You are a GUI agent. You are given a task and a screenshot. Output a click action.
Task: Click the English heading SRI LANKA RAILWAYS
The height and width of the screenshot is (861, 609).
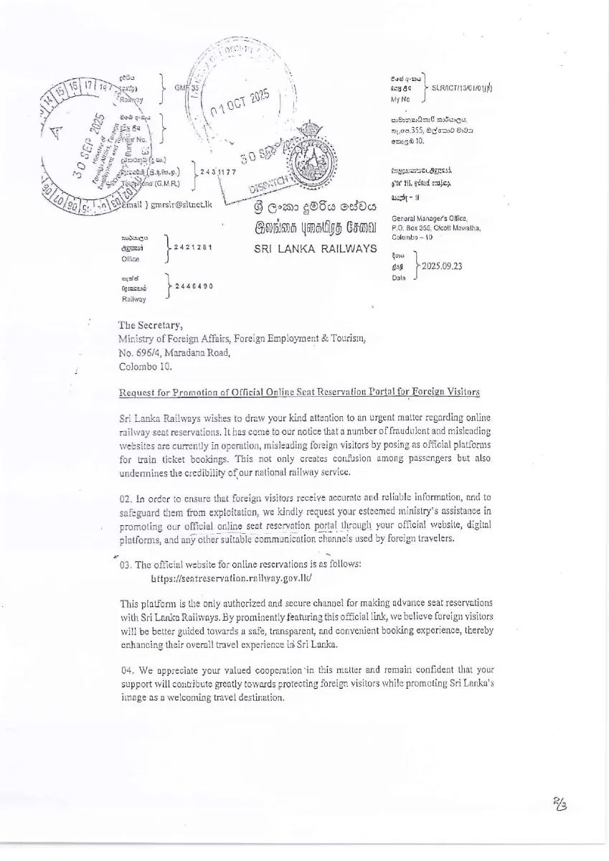pyautogui.click(x=316, y=248)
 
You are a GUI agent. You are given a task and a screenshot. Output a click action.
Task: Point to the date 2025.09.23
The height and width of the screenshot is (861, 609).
pyautogui.click(x=442, y=266)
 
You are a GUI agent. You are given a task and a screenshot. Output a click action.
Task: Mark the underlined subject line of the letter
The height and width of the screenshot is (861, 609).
pyautogui.click(x=298, y=391)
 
